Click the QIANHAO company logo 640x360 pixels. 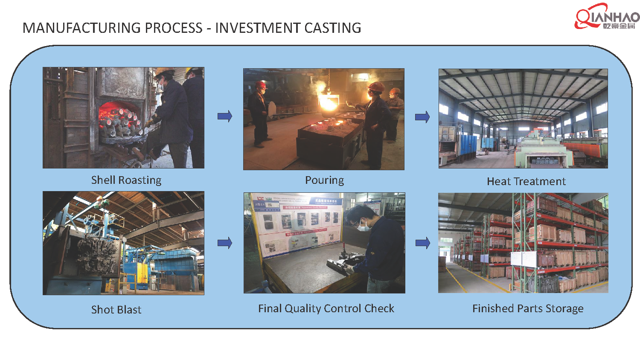(x=607, y=17)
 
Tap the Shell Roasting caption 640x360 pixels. (x=126, y=180)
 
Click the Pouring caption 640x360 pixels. (x=324, y=180)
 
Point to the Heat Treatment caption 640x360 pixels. (x=526, y=181)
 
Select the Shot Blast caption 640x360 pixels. (x=116, y=310)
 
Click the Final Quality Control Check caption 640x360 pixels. (x=326, y=308)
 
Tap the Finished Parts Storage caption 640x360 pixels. (x=528, y=308)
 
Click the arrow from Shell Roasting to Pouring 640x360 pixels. (x=224, y=116)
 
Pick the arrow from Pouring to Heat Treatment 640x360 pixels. (x=422, y=117)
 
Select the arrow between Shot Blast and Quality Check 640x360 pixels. (x=224, y=243)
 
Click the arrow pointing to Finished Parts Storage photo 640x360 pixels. (x=422, y=243)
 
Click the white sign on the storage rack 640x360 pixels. (x=523, y=259)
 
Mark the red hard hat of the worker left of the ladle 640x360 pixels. (x=261, y=85)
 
